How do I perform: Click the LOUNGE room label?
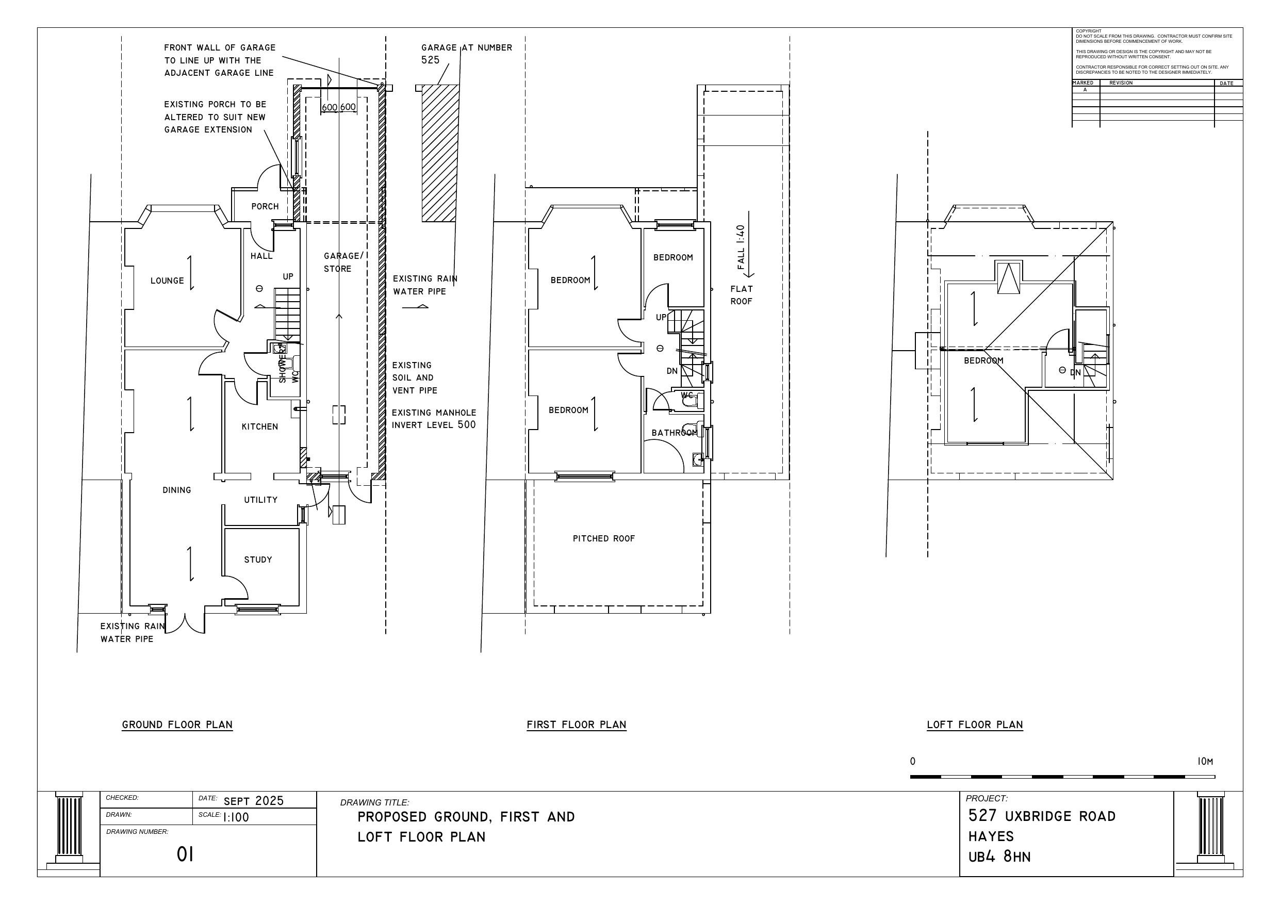click(167, 281)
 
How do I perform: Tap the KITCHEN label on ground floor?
click(259, 426)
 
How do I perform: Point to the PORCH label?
click(265, 206)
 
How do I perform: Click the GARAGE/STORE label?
click(342, 262)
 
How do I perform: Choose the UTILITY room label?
click(260, 500)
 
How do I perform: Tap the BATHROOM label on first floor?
click(674, 433)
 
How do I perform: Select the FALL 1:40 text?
click(741, 247)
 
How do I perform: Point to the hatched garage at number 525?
click(439, 153)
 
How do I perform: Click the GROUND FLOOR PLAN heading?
click(177, 725)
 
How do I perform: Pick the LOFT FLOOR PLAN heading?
click(975, 725)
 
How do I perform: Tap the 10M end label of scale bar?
click(1205, 761)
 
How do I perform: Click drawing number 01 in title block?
click(185, 854)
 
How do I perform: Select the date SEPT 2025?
click(254, 801)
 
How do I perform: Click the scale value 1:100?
click(236, 817)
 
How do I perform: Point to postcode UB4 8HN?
click(999, 857)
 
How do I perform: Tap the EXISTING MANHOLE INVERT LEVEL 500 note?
click(434, 419)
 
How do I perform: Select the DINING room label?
click(177, 489)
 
